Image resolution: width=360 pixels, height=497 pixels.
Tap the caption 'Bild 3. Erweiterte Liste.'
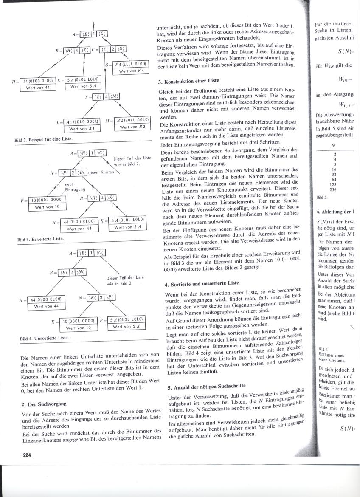(x=40, y=239)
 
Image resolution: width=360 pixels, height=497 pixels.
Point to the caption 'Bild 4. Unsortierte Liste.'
(x=44, y=339)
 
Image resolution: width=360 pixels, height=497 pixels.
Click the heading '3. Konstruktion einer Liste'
(x=189, y=80)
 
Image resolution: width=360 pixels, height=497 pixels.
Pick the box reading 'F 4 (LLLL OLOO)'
(x=128, y=65)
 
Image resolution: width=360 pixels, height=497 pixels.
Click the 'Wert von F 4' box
(x=128, y=71)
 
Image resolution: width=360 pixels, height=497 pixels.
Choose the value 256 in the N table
(x=335, y=189)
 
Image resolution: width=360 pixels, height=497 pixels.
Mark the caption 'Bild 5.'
(x=322, y=198)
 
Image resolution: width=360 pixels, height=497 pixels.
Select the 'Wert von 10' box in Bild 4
(x=78, y=328)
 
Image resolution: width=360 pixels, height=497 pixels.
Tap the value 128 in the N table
(x=335, y=184)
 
